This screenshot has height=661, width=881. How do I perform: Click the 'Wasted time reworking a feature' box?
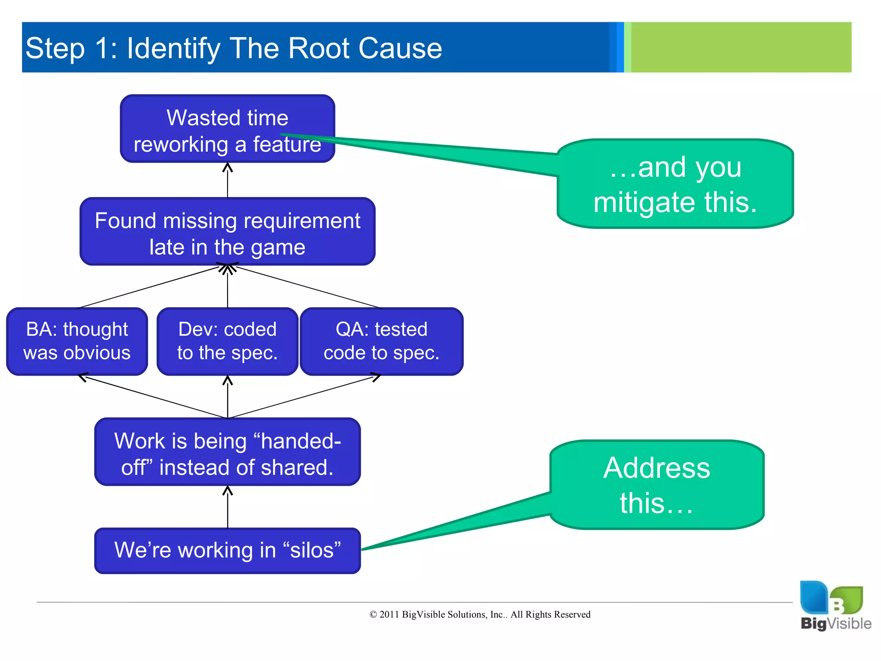tap(227, 129)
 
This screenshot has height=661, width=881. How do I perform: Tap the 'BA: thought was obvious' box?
tap(77, 341)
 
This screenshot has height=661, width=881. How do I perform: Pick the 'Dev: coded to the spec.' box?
tap(227, 341)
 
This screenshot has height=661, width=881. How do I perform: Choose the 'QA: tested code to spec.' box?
tap(381, 341)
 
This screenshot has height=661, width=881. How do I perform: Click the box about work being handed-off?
tap(227, 452)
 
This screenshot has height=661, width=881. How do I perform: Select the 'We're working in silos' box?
tap(227, 550)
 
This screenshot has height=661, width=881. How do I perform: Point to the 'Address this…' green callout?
tap(656, 485)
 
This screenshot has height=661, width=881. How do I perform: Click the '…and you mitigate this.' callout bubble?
tap(675, 184)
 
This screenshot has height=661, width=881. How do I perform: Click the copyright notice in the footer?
tap(480, 615)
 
